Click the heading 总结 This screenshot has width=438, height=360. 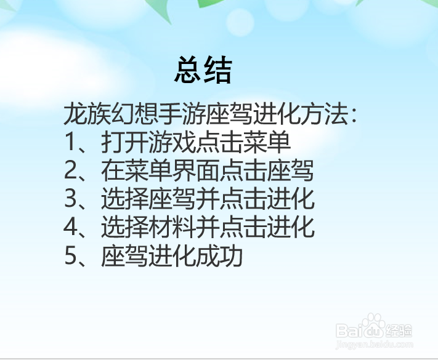[203, 70]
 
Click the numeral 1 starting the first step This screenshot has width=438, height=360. [70, 143]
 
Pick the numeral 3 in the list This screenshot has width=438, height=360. [71, 199]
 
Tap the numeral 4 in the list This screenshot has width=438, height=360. [71, 228]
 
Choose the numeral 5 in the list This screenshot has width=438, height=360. [71, 256]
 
